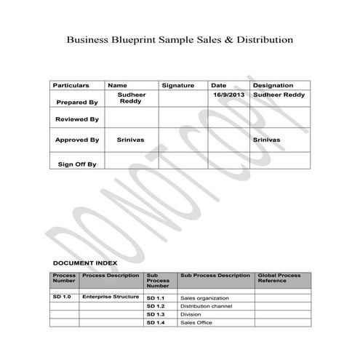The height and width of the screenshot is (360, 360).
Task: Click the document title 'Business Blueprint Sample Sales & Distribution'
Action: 180,39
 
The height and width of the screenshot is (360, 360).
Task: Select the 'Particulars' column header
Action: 71,86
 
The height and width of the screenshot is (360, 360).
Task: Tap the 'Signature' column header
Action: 177,86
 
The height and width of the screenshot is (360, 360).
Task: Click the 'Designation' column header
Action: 273,86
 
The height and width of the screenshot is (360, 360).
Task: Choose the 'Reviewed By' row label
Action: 76,119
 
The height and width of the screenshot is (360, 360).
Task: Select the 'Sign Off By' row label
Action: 76,164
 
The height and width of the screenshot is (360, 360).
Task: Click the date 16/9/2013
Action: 229,95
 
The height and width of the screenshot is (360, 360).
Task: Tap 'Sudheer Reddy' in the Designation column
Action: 279,95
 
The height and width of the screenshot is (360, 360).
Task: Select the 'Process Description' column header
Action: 111,276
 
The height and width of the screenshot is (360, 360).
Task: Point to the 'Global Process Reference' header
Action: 279,279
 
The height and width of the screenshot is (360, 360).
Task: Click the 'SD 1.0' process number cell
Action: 62,297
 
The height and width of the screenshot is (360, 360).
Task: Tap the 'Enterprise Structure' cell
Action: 111,297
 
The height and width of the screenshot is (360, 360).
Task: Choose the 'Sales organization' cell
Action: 204,298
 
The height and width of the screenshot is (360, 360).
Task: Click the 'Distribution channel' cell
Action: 206,306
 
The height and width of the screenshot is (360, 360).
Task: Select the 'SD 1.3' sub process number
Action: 156,314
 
